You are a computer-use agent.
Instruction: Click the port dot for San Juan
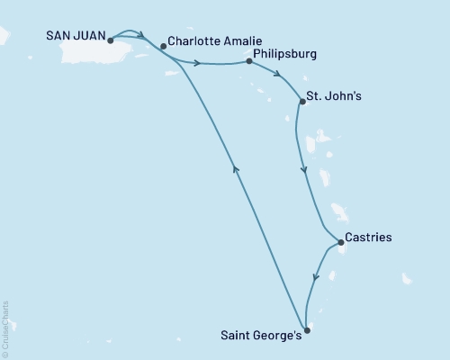(110, 40)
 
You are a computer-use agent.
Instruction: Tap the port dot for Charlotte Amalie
(162, 46)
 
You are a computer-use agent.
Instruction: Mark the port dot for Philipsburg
(247, 62)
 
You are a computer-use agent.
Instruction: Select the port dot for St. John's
(301, 102)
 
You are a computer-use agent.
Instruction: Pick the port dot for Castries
(339, 242)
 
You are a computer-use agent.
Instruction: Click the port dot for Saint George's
(307, 330)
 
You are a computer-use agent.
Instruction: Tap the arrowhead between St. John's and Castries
(302, 168)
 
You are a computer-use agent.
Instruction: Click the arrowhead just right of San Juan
(140, 37)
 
